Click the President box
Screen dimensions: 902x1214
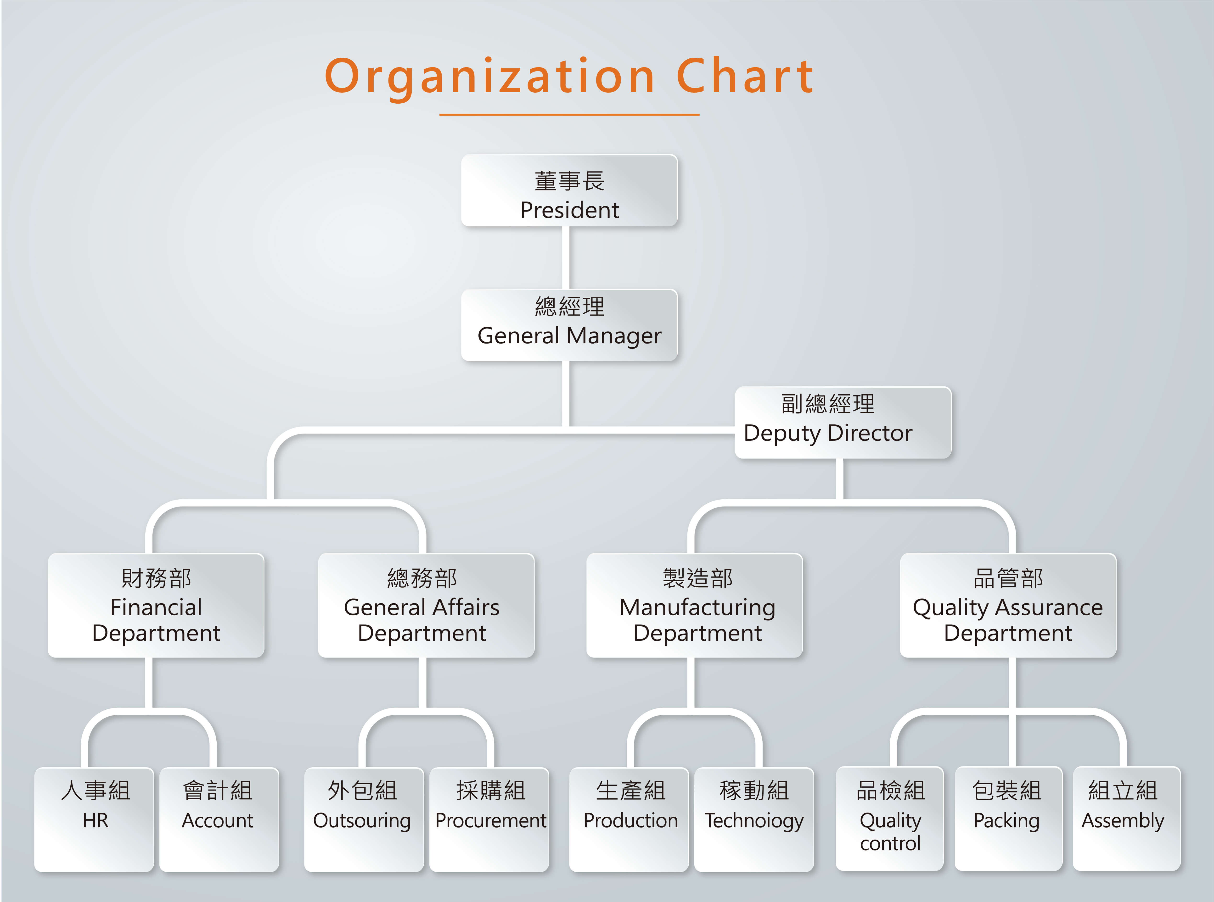point(569,190)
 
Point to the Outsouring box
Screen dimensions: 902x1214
point(364,819)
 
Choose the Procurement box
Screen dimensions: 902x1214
point(489,819)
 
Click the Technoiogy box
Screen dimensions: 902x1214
point(754,819)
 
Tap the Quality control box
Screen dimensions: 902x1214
point(890,819)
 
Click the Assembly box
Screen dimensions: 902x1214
point(1126,819)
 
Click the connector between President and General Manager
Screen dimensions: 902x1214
point(566,258)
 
